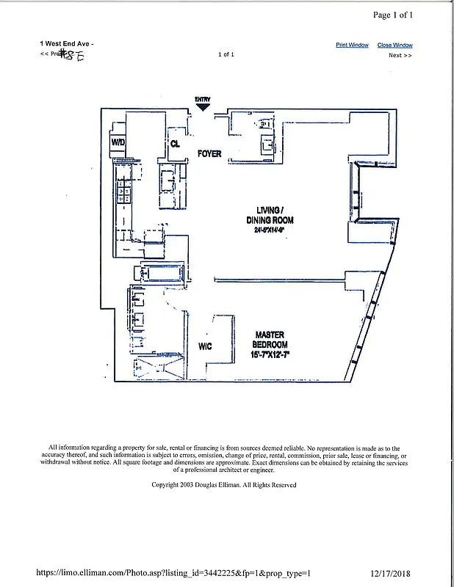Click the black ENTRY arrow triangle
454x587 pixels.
(203, 106)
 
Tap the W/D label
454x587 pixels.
(118, 142)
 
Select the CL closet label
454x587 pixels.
(175, 144)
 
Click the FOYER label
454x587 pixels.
(209, 154)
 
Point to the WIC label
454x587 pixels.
(205, 346)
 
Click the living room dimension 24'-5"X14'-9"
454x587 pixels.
(264, 230)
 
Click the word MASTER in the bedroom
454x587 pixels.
(270, 335)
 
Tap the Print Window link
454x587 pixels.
(352, 45)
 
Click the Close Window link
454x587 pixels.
(394, 45)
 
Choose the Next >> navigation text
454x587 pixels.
(400, 55)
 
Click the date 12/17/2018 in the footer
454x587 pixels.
(398, 573)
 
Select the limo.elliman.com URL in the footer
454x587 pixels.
(173, 573)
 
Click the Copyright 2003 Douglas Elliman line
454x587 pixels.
(223, 485)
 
